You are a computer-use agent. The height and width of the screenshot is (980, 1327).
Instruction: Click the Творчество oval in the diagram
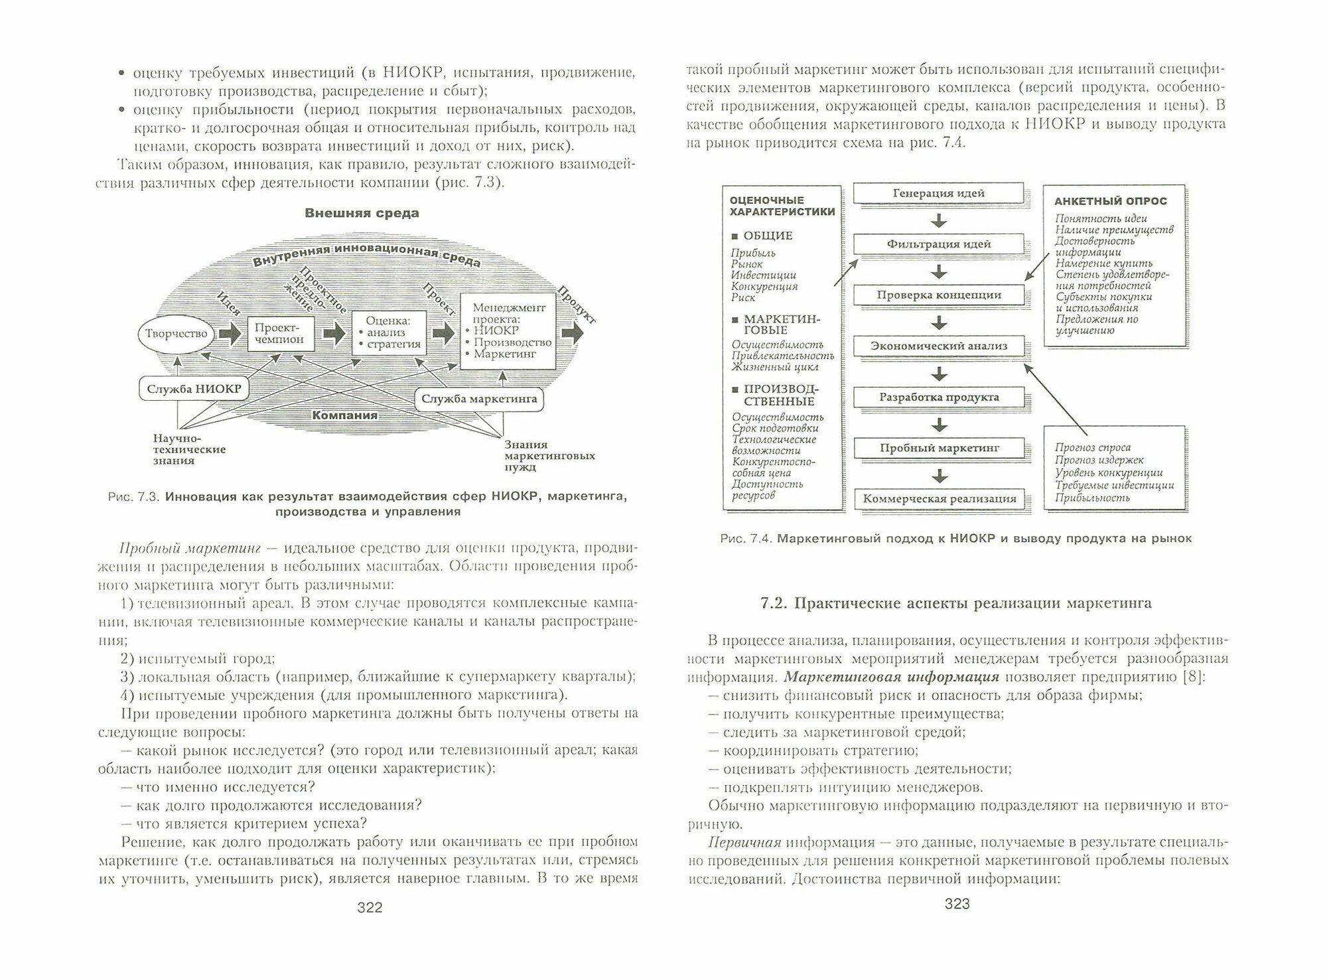click(176, 334)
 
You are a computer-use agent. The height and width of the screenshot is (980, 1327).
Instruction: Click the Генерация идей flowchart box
click(938, 193)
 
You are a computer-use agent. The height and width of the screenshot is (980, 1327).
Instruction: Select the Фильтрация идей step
click(938, 244)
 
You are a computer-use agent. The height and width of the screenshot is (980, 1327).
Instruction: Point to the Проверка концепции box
click(938, 295)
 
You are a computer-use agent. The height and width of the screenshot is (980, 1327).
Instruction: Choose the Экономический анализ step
click(938, 346)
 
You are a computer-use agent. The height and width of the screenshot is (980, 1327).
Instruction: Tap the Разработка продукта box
click(938, 397)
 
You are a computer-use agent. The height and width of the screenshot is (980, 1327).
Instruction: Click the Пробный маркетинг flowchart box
click(938, 448)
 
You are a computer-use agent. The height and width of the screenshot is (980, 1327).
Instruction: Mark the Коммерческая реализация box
click(938, 498)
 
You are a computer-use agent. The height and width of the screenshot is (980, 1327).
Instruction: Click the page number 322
click(370, 908)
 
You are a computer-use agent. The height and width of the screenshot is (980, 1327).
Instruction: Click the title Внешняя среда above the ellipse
click(362, 213)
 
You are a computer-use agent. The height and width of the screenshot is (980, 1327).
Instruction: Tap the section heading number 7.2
click(773, 603)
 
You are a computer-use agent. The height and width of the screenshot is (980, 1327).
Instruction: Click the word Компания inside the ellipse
click(344, 415)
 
